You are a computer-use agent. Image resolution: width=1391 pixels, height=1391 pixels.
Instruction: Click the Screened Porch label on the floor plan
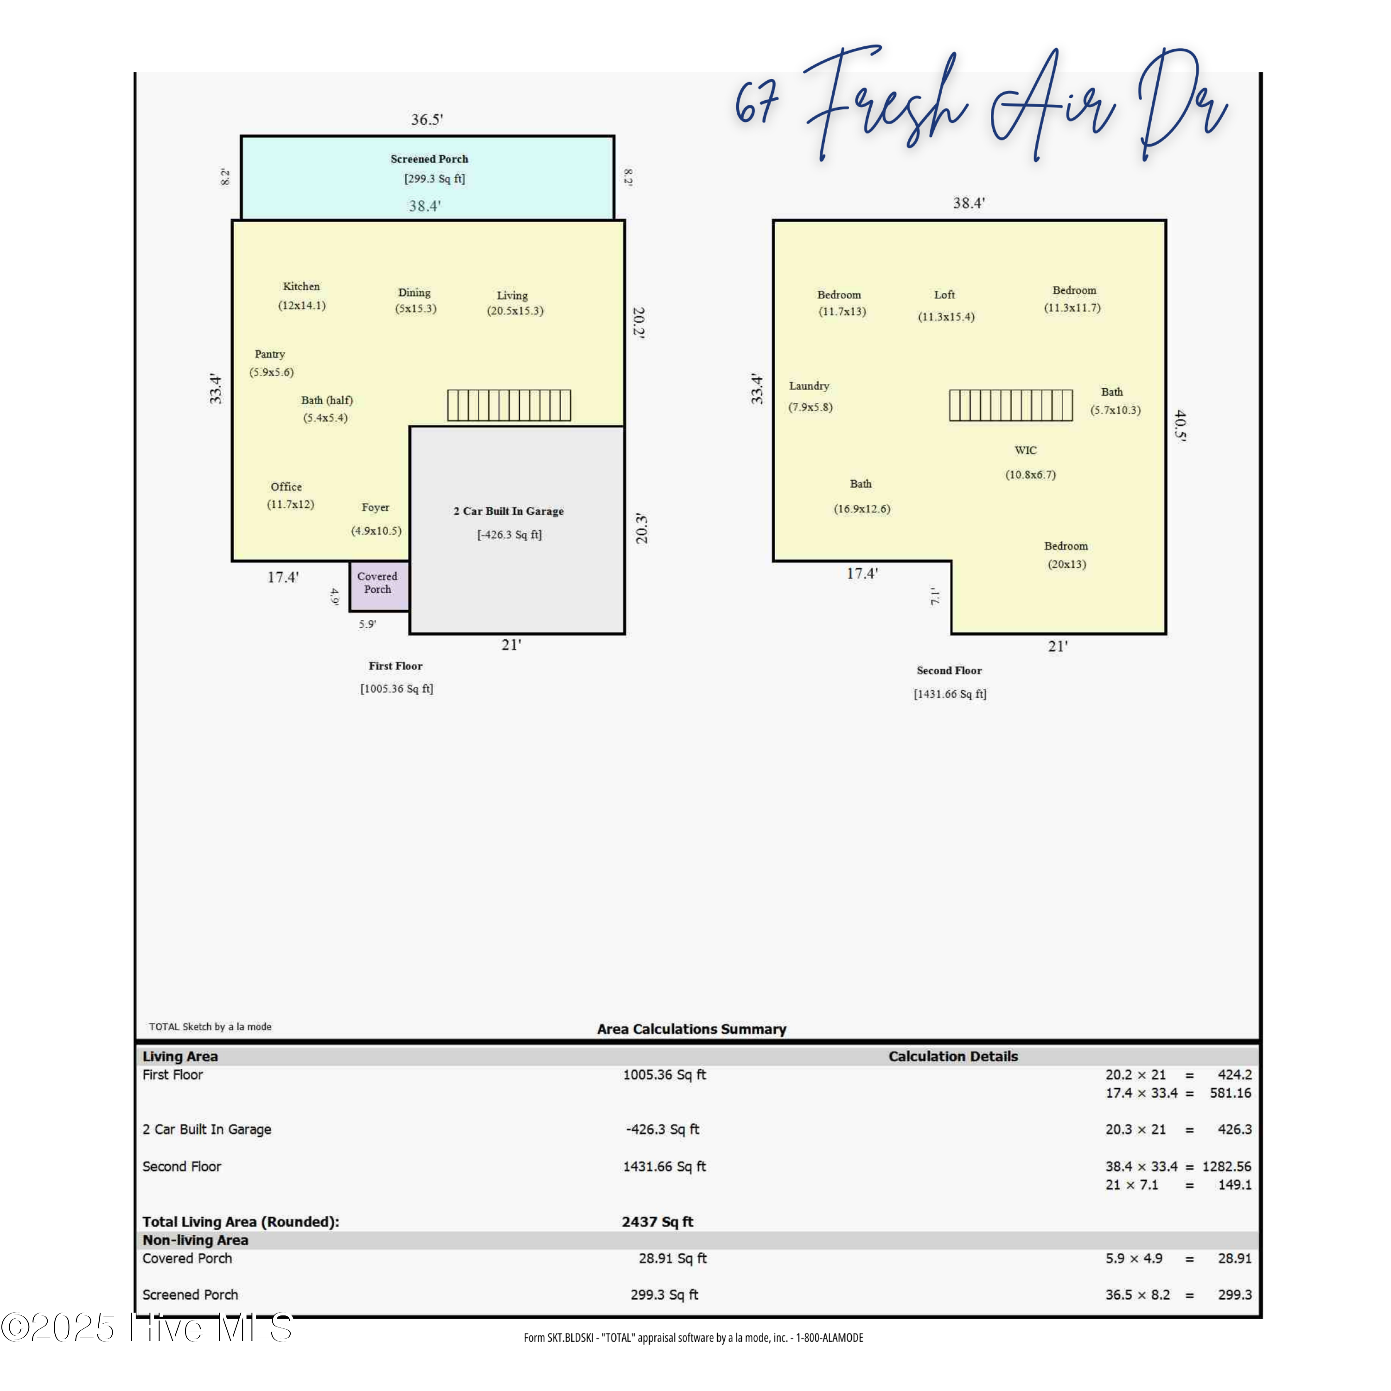click(429, 159)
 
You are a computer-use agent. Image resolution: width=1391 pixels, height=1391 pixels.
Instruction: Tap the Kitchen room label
click(301, 287)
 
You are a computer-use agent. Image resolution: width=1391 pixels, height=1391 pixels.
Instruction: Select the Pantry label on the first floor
click(270, 354)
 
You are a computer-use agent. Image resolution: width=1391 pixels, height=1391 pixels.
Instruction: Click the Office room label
click(286, 487)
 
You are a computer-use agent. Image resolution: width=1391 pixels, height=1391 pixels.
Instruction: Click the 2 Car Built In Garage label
click(508, 511)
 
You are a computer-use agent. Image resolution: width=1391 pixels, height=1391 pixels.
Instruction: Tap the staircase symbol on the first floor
click(509, 405)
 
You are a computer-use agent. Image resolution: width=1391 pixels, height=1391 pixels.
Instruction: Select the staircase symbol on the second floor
click(1011, 405)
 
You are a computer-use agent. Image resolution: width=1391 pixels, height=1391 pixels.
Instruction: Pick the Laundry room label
click(809, 386)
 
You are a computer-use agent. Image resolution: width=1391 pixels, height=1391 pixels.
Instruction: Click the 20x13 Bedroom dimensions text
click(1067, 564)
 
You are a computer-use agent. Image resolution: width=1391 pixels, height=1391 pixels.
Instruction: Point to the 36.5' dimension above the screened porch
click(427, 120)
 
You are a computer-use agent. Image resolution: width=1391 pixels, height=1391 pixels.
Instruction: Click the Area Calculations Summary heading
click(691, 1029)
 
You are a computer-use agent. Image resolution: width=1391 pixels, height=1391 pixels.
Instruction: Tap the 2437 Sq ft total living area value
click(657, 1222)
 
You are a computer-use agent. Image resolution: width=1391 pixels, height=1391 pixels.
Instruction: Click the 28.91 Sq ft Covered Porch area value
click(672, 1258)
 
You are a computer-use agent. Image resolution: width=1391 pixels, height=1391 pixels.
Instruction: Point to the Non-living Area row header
click(195, 1240)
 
